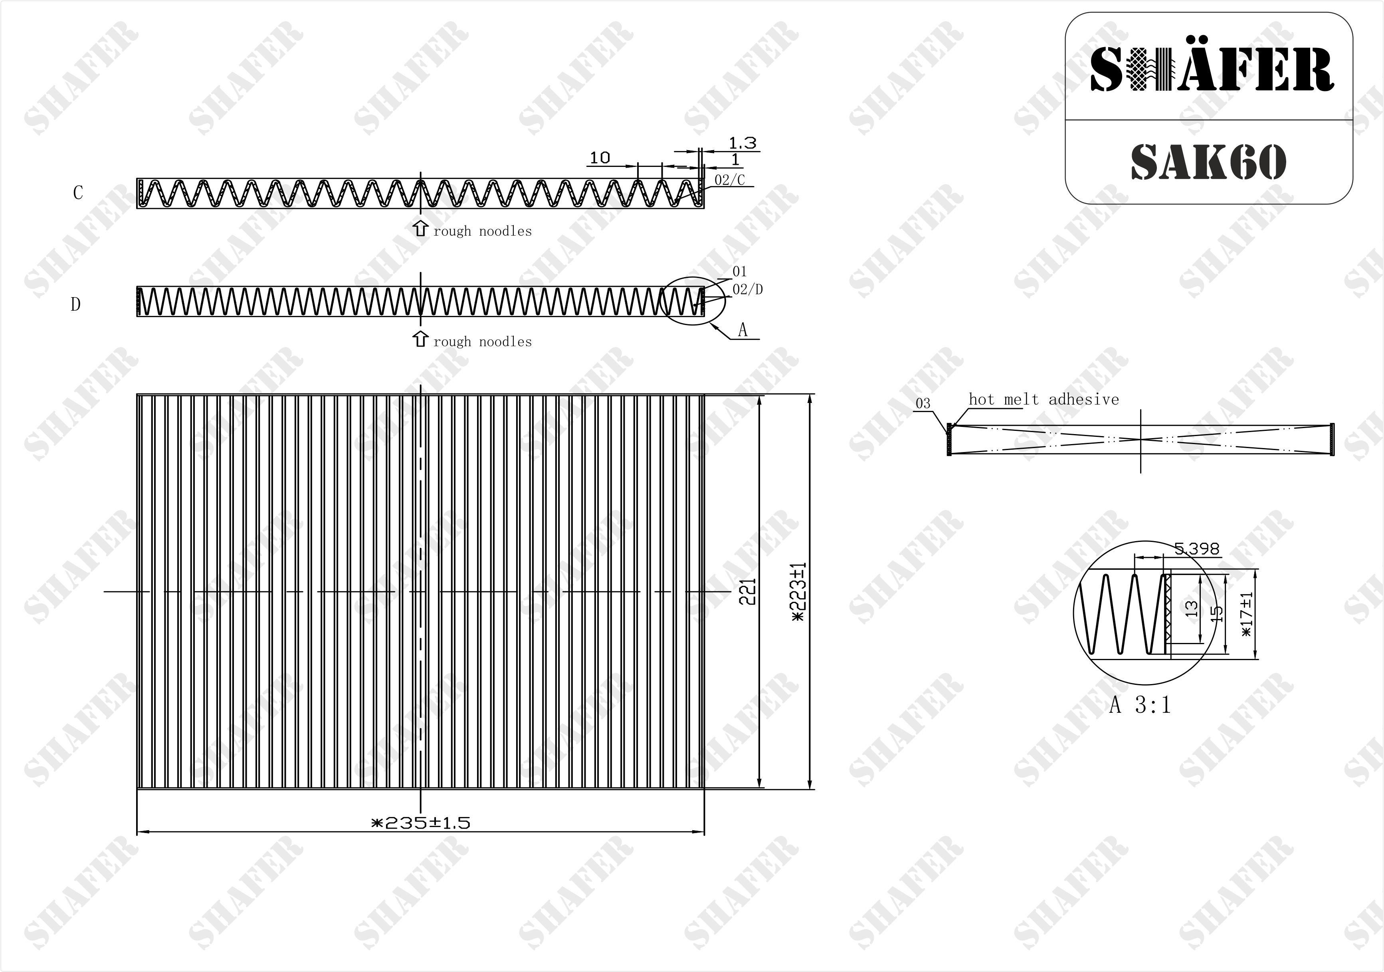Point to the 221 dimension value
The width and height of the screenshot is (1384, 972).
[747, 591]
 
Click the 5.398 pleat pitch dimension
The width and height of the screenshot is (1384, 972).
[1196, 549]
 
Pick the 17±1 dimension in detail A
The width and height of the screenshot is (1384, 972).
[1247, 613]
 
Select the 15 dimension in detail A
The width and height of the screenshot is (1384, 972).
[1217, 613]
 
